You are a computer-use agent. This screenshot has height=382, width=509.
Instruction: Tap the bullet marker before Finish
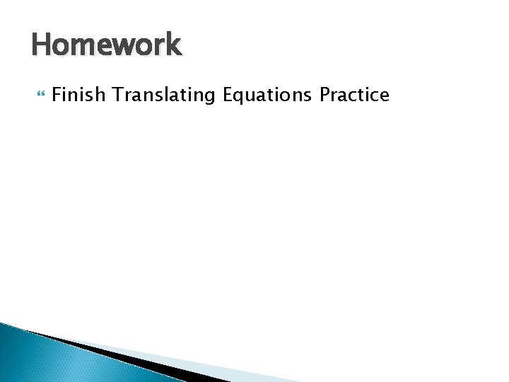[40, 94]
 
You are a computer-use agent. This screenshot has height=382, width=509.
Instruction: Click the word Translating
[163, 95]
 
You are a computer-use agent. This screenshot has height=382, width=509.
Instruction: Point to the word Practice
[354, 95]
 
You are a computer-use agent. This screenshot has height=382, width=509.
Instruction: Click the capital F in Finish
[57, 95]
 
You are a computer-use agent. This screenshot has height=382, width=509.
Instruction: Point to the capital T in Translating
[117, 95]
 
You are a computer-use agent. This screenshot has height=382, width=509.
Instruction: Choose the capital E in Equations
[228, 95]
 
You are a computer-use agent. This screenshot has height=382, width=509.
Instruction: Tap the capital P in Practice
[325, 95]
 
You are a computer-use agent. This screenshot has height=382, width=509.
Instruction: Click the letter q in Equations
[240, 97]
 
